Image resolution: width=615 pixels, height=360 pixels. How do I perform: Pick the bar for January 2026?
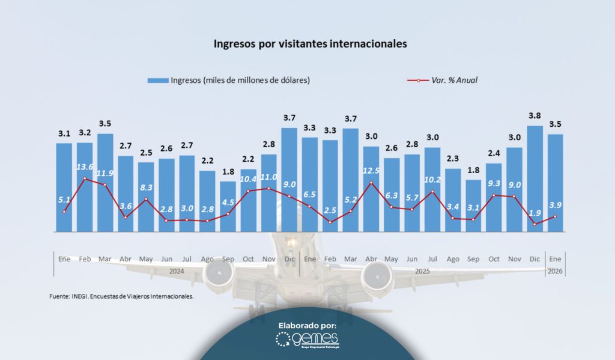tap(556, 183)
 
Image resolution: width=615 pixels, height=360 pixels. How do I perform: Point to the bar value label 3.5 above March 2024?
tap(105, 124)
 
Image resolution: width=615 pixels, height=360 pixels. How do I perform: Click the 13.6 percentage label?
tap(85, 167)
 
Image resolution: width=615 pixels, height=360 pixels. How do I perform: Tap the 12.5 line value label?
tap(372, 171)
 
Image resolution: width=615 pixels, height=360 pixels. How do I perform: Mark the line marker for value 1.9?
tap(535, 225)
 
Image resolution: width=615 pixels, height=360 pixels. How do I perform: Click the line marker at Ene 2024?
tap(64, 211)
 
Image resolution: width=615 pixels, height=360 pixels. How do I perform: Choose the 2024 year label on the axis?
tap(177, 271)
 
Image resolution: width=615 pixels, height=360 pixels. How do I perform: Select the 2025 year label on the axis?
tap(422, 271)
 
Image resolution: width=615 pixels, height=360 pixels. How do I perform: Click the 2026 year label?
tap(556, 271)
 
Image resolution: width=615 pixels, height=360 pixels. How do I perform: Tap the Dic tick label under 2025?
tap(535, 258)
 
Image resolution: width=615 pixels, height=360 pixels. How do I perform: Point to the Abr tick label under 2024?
tap(126, 258)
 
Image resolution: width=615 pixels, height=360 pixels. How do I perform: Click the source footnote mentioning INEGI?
tap(121, 296)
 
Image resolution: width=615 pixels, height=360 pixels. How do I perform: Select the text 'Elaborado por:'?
tap(307, 325)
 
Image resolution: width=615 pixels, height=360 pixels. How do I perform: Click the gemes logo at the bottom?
tap(307, 341)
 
